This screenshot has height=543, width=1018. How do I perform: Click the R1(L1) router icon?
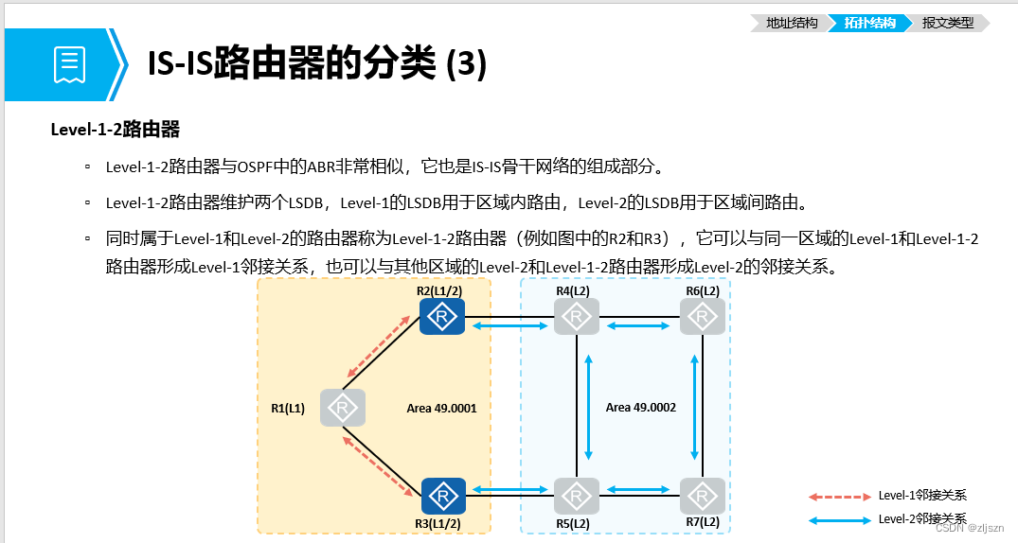tap(343, 408)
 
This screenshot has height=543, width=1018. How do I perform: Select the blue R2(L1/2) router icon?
tap(442, 317)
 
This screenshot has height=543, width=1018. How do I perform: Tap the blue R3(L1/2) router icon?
tap(443, 497)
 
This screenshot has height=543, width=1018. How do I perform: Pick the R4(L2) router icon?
tap(577, 317)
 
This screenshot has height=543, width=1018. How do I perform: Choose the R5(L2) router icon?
tap(577, 497)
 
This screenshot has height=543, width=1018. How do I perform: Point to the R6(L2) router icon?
tap(703, 317)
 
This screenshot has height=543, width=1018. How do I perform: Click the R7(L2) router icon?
tap(703, 497)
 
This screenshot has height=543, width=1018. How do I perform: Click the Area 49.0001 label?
tap(441, 408)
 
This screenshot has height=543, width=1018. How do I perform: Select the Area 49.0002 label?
tap(641, 408)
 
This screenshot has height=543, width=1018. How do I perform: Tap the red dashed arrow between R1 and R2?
tap(378, 346)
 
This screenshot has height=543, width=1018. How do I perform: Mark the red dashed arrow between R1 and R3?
tap(378, 466)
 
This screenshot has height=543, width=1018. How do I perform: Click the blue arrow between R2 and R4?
tap(509, 325)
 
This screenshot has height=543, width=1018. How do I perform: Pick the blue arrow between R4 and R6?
tap(638, 325)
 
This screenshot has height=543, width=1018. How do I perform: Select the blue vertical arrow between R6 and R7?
tap(695, 408)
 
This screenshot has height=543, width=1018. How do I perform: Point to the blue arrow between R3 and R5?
tap(509, 489)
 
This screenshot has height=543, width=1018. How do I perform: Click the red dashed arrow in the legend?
tap(839, 497)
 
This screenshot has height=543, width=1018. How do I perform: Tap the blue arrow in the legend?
tap(839, 520)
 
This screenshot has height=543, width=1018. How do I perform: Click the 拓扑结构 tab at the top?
tap(869, 23)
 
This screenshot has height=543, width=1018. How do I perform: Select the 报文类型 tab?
tap(947, 23)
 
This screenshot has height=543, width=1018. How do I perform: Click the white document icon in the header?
tap(69, 64)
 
